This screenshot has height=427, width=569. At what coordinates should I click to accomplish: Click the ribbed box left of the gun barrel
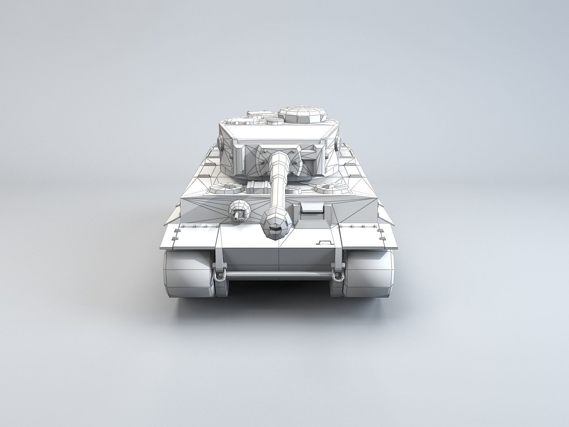(258, 186)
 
